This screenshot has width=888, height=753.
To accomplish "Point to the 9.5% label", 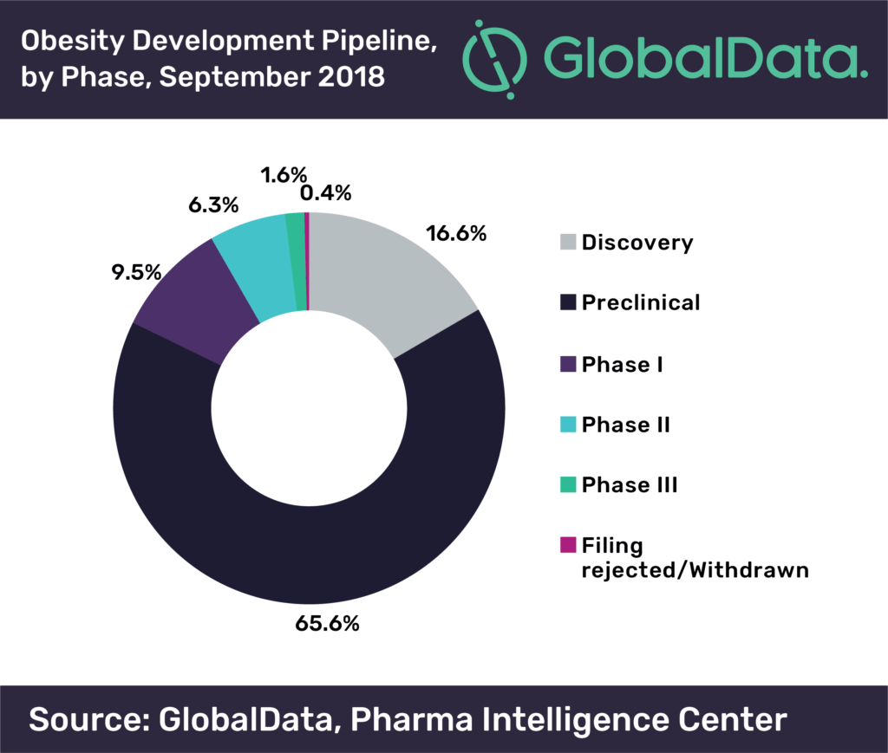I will point(134,272).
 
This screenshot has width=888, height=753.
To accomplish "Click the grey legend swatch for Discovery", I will point(569,243).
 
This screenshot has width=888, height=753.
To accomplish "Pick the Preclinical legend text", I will point(641,302).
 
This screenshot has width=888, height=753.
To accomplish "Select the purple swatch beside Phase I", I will point(569,364).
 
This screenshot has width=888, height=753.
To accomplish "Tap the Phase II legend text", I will point(625,425).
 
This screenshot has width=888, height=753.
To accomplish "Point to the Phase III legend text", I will point(630,485).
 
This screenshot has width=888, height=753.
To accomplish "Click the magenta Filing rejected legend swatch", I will point(569,546).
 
